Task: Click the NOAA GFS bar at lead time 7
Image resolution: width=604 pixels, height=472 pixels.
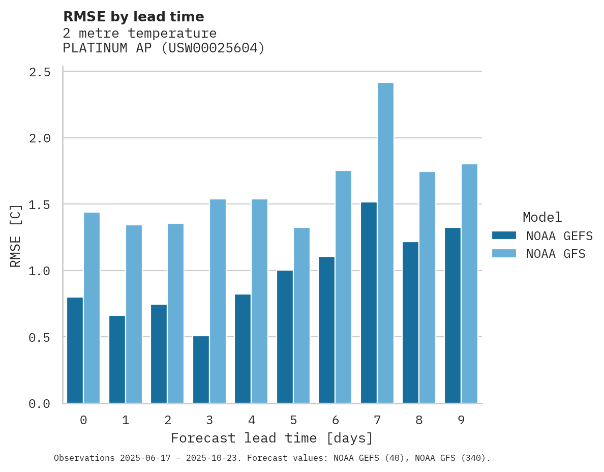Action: [x=385, y=243]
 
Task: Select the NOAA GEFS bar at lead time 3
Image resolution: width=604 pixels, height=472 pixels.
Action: [x=201, y=370]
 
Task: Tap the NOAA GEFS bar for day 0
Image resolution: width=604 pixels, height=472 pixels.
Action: [x=75, y=350]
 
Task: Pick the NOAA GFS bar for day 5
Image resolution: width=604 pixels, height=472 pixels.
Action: [x=301, y=315]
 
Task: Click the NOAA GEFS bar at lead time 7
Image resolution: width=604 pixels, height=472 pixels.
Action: [x=369, y=303]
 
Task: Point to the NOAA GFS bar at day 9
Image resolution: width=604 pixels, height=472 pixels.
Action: [x=469, y=284]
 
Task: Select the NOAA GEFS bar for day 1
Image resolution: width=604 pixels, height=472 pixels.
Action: [x=117, y=360]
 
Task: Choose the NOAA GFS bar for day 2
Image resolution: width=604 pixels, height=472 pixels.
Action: [x=175, y=313]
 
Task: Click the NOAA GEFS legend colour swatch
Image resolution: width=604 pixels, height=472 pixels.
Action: [x=504, y=235]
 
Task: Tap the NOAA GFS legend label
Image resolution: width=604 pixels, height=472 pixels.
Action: [x=556, y=254]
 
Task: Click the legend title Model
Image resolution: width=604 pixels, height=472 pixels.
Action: [x=542, y=217]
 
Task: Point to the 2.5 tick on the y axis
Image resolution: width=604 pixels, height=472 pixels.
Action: [x=40, y=72]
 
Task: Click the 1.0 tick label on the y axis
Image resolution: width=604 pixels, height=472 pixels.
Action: [x=40, y=271]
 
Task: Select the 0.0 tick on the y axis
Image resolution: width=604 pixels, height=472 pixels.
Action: [x=40, y=404]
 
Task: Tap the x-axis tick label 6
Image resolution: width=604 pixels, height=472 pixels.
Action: [x=336, y=420]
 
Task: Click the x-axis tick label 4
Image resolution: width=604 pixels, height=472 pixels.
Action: [x=251, y=420]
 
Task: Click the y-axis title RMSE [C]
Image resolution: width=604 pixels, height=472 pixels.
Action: [x=16, y=235]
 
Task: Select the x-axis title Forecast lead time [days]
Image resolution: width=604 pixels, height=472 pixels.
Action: [x=272, y=438]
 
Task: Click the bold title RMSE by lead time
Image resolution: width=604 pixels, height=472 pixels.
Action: [x=133, y=17]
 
